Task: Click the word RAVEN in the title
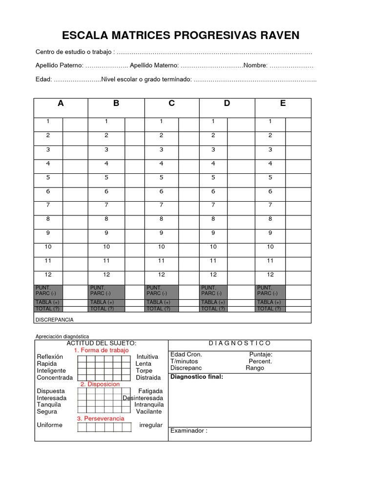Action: (x=276, y=35)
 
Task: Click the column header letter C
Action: (x=171, y=103)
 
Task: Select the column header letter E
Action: (x=283, y=103)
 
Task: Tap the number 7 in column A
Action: (x=48, y=205)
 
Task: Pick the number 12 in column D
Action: (x=213, y=274)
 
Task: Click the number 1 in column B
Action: (x=106, y=121)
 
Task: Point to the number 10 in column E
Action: (x=270, y=247)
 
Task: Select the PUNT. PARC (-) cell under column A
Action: (x=48, y=291)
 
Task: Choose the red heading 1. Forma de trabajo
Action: (x=101, y=350)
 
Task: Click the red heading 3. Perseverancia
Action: (x=101, y=418)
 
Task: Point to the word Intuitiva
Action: (x=147, y=357)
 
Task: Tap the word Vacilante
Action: (x=149, y=412)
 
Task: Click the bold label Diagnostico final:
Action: (x=196, y=376)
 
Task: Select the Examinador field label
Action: (x=188, y=431)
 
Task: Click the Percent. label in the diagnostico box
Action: (x=260, y=361)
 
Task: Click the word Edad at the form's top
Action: (x=43, y=79)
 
